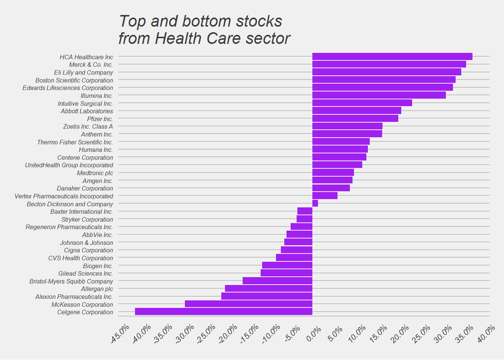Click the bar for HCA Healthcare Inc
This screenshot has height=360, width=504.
(x=392, y=57)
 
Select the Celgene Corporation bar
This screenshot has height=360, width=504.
(x=223, y=312)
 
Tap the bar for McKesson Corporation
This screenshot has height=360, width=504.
(x=249, y=304)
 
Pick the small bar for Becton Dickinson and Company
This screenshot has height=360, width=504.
(x=315, y=203)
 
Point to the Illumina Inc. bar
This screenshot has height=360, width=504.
(x=379, y=95)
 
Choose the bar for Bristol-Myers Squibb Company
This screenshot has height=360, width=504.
(x=277, y=280)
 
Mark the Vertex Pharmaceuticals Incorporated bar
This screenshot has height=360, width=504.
(x=325, y=195)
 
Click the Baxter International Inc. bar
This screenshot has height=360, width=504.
(x=305, y=211)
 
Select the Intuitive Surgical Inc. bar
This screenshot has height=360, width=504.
(x=362, y=103)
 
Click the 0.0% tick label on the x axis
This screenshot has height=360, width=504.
(x=313, y=334)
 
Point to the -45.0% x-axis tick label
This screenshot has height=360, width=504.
(x=120, y=334)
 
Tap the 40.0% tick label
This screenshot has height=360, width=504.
(x=486, y=334)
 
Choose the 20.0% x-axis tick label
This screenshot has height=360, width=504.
(x=400, y=334)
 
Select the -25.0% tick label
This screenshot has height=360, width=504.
(x=206, y=334)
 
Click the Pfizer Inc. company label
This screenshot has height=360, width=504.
(x=100, y=119)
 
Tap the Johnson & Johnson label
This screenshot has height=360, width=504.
(x=87, y=243)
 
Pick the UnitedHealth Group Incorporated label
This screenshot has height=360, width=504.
(x=69, y=165)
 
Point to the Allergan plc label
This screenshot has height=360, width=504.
(x=97, y=289)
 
